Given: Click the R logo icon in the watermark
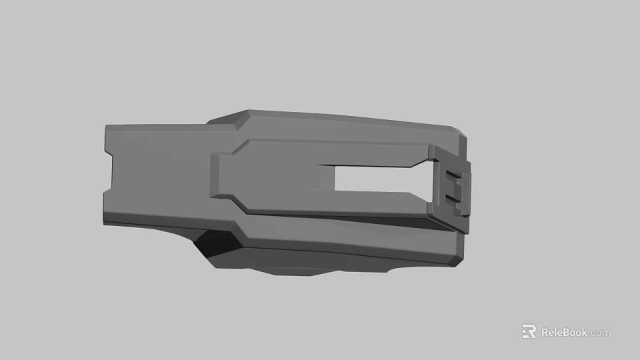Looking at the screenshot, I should pyautogui.click(x=529, y=331).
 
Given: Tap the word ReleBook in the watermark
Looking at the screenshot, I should pyautogui.click(x=564, y=332).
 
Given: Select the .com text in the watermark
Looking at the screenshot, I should pyautogui.click(x=600, y=333).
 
